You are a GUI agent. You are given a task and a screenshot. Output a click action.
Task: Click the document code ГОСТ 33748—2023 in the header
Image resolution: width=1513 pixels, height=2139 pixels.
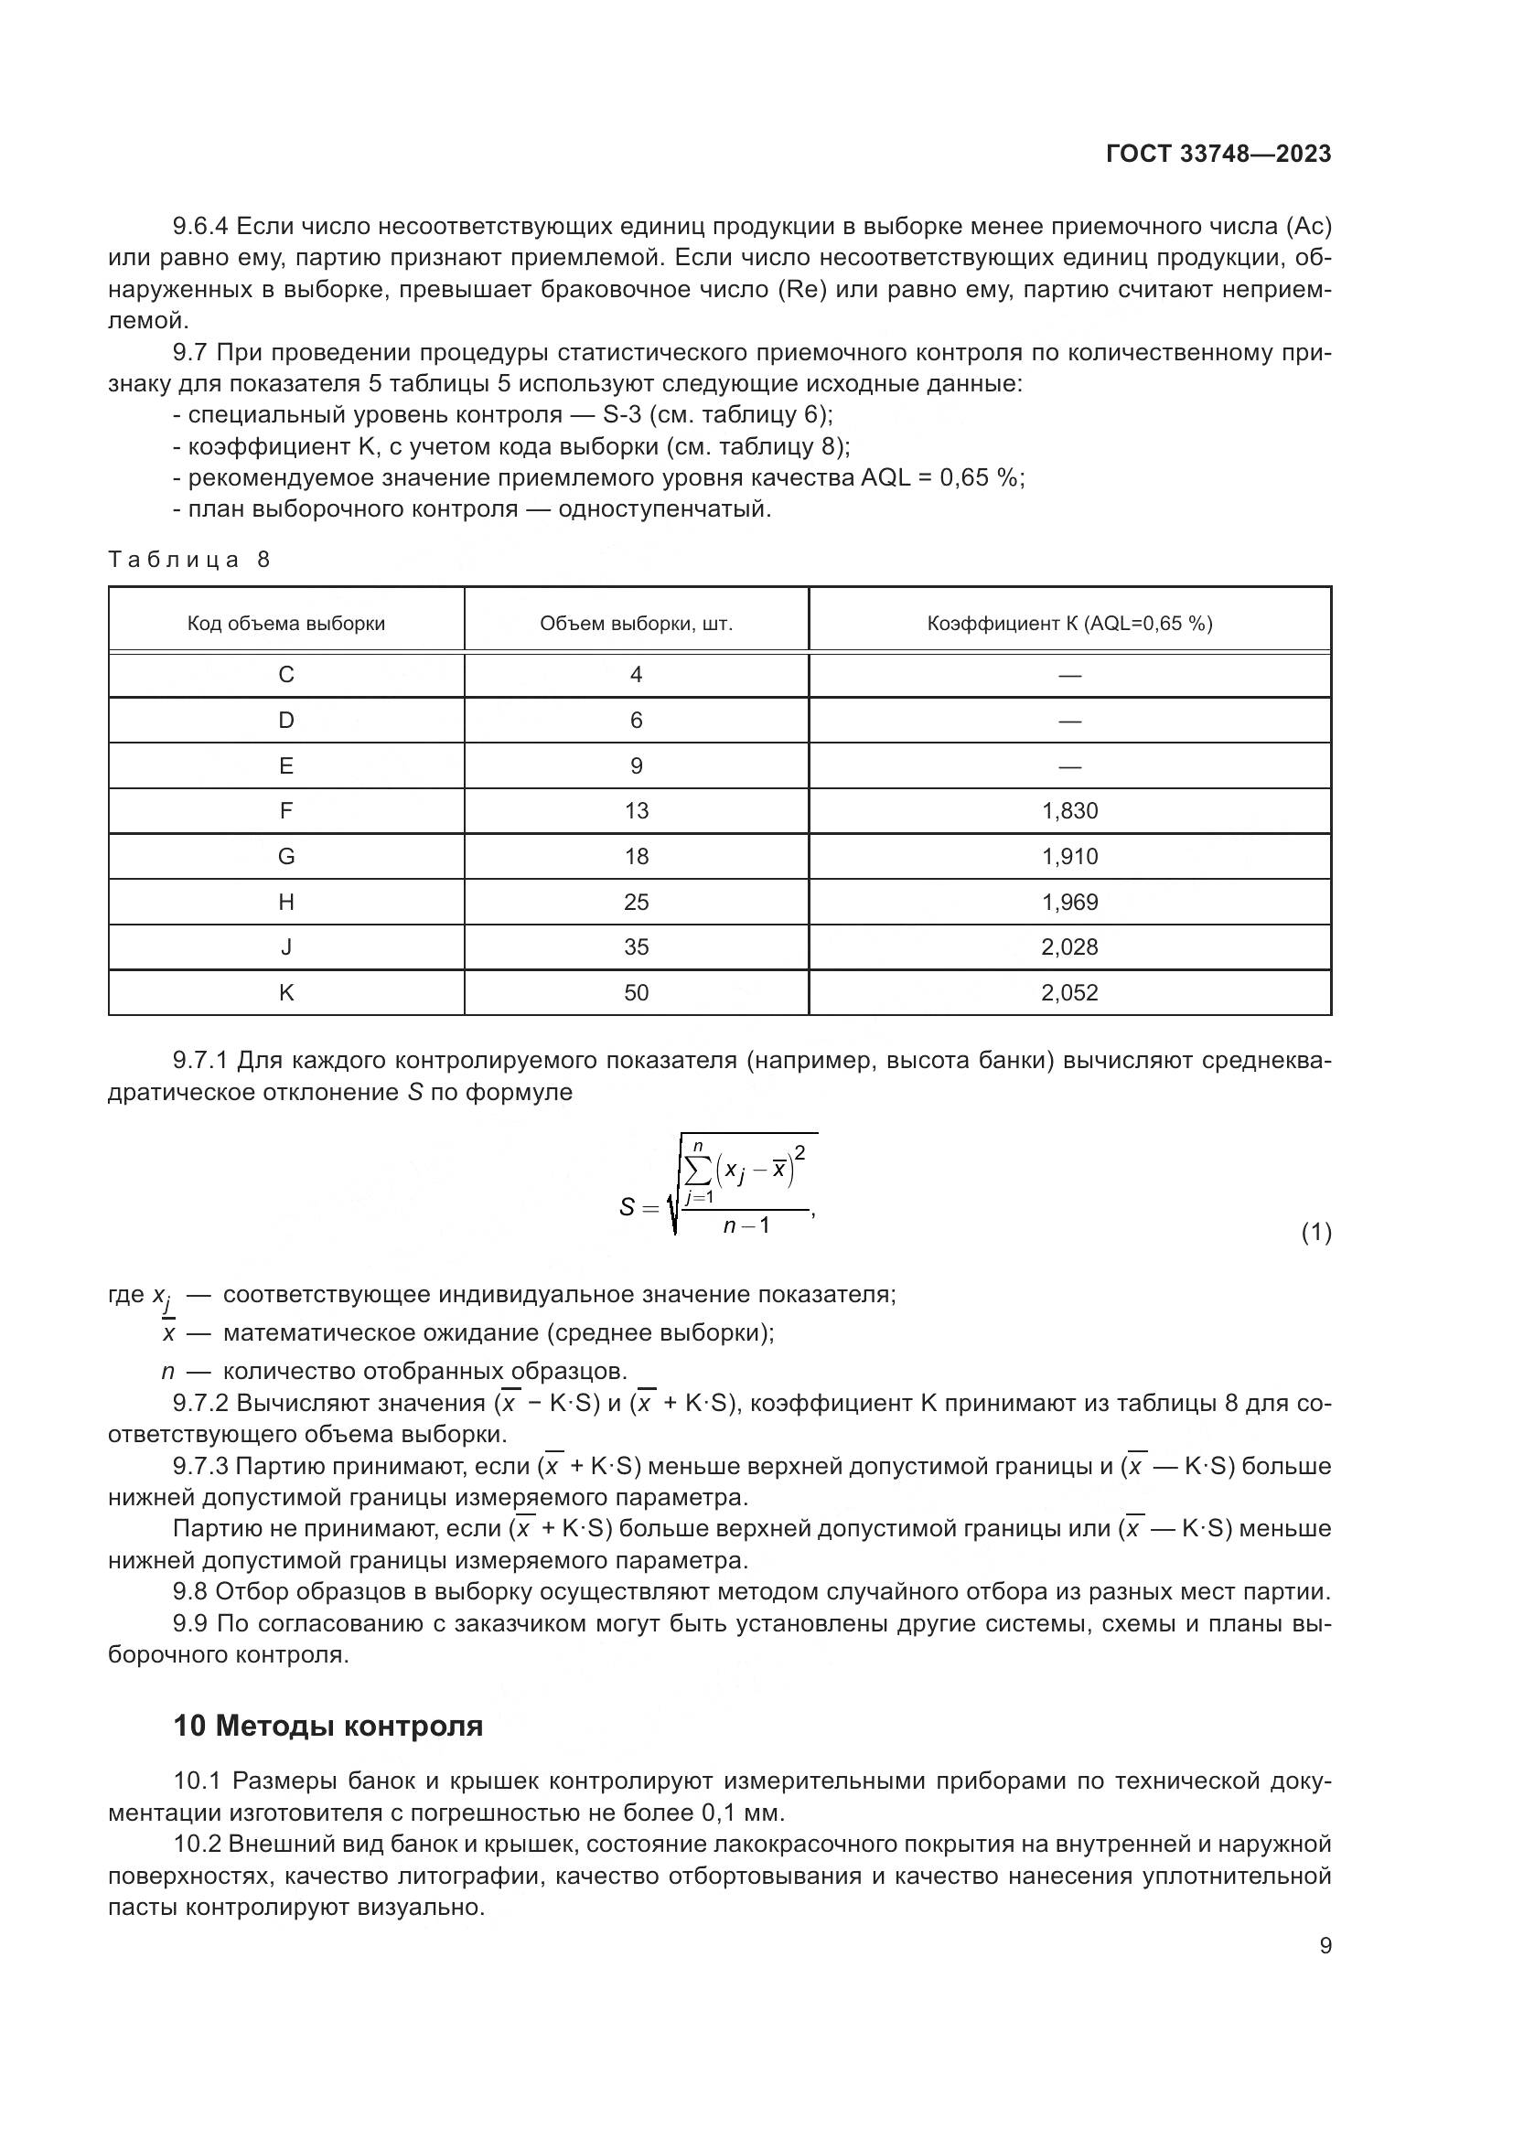pos(1218,155)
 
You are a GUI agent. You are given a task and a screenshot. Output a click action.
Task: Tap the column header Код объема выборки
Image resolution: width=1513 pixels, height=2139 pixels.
pos(286,625)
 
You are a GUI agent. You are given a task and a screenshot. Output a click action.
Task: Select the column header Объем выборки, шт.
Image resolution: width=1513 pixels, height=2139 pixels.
pos(637,625)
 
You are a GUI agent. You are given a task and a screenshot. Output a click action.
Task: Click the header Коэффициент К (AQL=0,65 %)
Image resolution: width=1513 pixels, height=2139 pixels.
pos(1069,625)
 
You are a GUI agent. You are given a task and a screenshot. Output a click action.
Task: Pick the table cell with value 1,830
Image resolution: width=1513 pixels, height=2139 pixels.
pos(1069,811)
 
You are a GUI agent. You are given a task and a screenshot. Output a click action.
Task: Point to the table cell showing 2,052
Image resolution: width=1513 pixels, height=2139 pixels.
pos(1069,993)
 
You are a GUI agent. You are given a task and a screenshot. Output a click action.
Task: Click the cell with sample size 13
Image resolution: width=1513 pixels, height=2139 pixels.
pos(637,811)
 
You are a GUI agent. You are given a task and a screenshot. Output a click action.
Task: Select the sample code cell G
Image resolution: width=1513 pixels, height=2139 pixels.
pos(286,857)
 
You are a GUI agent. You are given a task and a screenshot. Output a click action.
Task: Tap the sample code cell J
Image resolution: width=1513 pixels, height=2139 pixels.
pos(286,947)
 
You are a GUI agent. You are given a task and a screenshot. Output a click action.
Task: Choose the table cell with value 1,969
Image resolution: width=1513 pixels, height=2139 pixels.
pos(1069,903)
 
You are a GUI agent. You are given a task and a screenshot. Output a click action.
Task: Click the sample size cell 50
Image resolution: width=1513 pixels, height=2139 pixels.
pos(637,993)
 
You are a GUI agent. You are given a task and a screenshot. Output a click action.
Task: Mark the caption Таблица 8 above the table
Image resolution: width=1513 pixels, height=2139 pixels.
pos(189,560)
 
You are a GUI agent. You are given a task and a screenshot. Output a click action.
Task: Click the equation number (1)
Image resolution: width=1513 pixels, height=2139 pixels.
pos(1315,1234)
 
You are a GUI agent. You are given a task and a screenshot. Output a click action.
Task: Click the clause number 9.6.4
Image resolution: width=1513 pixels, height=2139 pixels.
pos(200,227)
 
